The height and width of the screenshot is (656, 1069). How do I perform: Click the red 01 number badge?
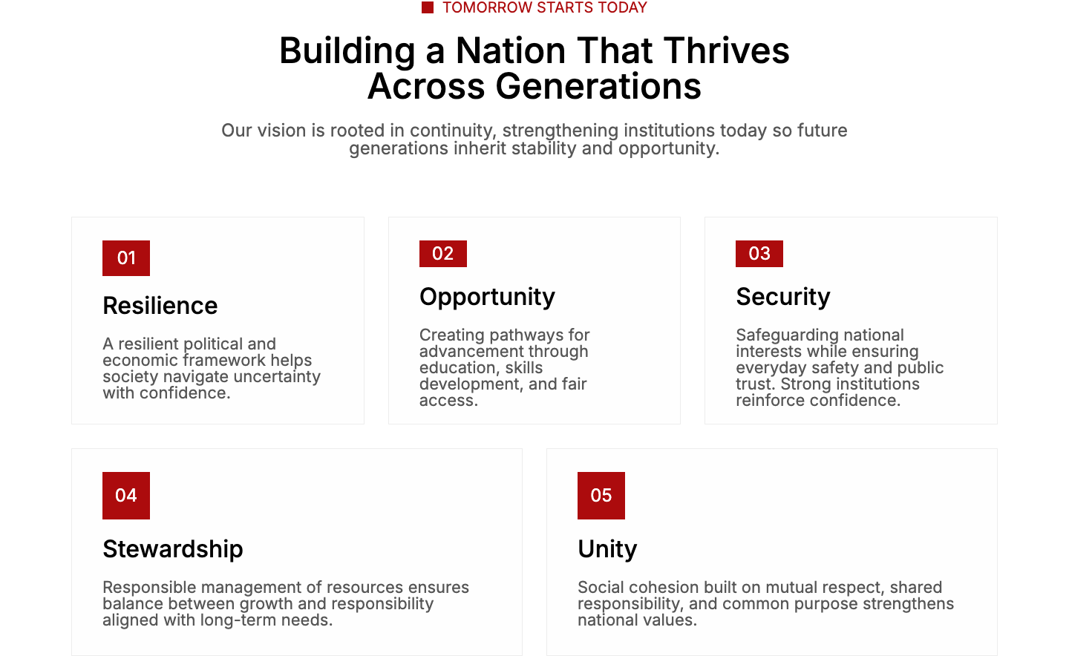pyautogui.click(x=126, y=258)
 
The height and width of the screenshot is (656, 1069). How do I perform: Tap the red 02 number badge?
pyautogui.click(x=443, y=254)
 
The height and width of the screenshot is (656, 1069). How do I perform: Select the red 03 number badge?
pyautogui.click(x=759, y=254)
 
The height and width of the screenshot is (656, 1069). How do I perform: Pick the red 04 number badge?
pyautogui.click(x=126, y=496)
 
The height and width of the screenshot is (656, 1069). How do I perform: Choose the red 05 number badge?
pyautogui.click(x=601, y=496)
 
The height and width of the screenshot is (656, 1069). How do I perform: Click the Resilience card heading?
pyautogui.click(x=160, y=306)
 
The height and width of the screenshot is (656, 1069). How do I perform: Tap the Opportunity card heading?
pyautogui.click(x=487, y=298)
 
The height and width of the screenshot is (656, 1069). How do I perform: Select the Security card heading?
pyautogui.click(x=783, y=298)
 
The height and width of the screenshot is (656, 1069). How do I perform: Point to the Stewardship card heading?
pyautogui.click(x=173, y=549)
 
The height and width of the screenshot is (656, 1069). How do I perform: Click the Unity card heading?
pyautogui.click(x=607, y=550)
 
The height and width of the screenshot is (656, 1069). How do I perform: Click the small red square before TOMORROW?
pyautogui.click(x=428, y=7)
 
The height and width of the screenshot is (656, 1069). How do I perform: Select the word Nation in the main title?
pyautogui.click(x=511, y=50)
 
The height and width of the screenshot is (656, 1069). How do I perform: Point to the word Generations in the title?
pyautogui.click(x=598, y=86)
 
